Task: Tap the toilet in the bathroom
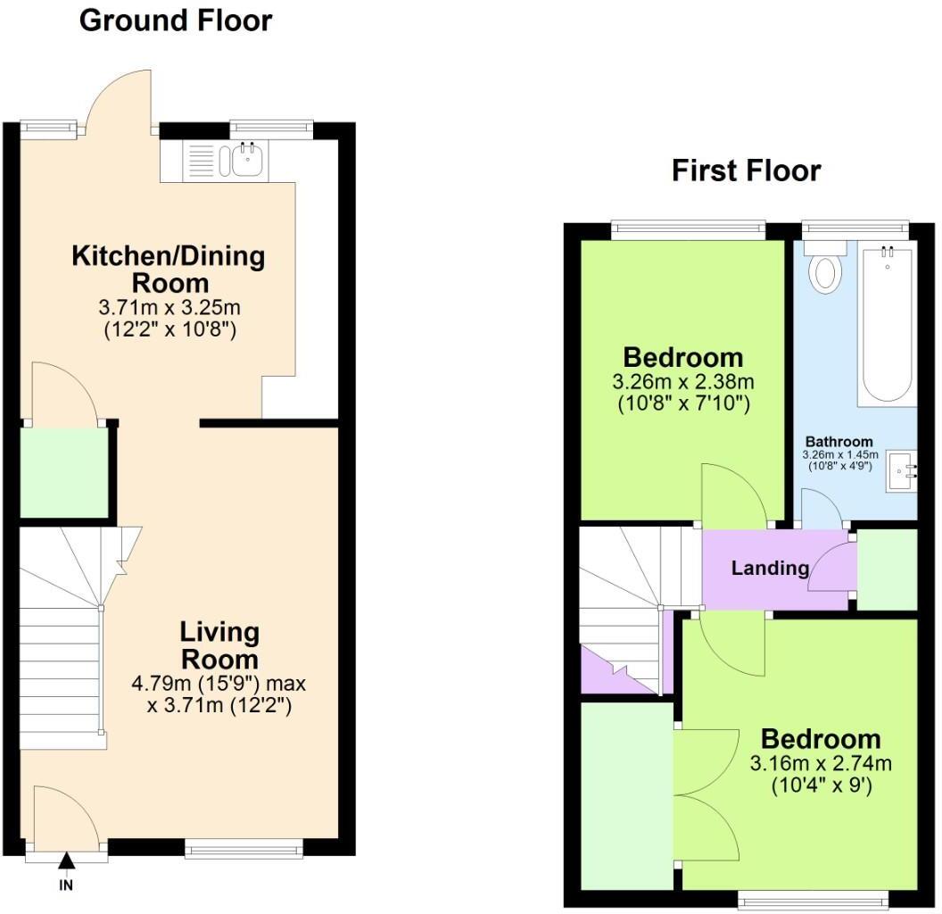(823, 267)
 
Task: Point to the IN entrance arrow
(66, 860)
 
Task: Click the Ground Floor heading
(176, 20)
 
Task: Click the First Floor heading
(746, 170)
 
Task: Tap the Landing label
(770, 568)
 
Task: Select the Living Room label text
(219, 646)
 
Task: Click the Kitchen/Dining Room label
(169, 270)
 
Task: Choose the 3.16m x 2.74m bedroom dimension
(820, 764)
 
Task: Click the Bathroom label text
(839, 442)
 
